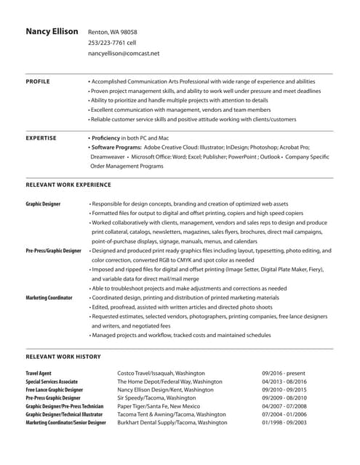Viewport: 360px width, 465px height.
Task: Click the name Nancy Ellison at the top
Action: (52, 32)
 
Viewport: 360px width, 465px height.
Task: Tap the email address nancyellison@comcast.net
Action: (124, 54)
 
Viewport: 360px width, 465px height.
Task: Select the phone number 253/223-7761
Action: (106, 43)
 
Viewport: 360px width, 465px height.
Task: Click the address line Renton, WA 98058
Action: (112, 33)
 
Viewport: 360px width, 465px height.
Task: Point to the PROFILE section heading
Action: (38, 81)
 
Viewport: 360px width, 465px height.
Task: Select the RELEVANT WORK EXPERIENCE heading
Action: (68, 185)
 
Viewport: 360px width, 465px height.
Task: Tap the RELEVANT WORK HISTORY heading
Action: (63, 357)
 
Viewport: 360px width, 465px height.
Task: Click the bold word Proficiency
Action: (109, 137)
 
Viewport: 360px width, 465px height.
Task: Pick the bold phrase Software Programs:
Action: (119, 147)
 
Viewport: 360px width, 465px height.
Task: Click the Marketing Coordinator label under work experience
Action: (49, 298)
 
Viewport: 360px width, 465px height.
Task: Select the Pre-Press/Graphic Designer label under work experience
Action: (53, 251)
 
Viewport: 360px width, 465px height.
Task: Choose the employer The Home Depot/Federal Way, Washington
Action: (169, 381)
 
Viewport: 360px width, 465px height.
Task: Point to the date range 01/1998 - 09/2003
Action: (286, 422)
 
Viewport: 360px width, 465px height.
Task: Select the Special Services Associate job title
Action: (52, 381)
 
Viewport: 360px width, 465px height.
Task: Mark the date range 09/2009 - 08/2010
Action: (286, 398)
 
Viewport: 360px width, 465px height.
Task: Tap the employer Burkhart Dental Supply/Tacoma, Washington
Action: (172, 422)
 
